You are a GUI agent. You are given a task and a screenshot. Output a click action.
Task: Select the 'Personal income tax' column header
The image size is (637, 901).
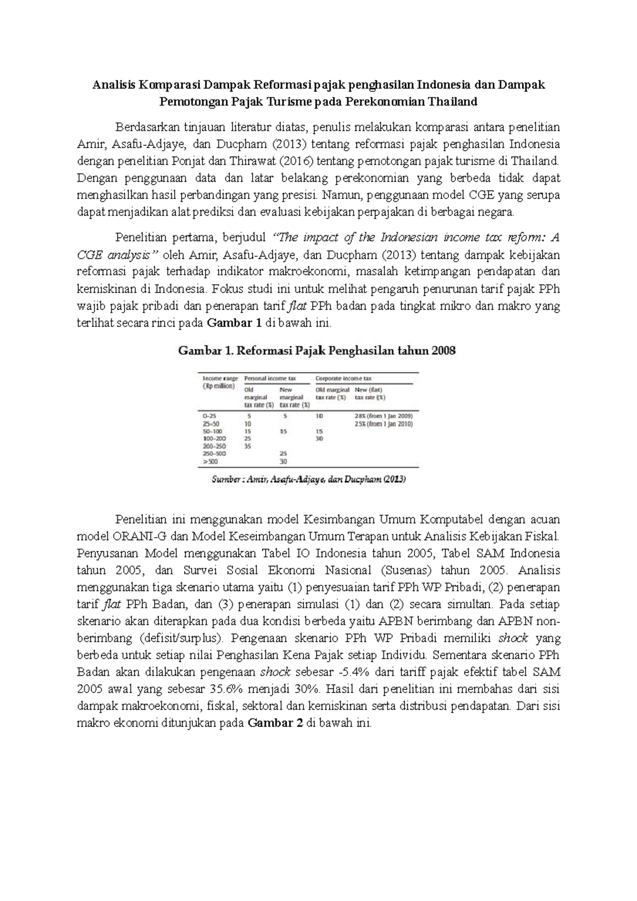270,378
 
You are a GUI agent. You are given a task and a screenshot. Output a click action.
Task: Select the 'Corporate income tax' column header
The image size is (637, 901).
343,378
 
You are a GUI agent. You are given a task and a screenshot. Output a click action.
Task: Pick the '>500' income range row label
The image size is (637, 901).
211,462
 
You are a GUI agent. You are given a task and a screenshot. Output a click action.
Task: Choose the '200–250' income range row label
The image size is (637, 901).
214,446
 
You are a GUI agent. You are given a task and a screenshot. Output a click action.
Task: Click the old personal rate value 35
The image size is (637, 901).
247,446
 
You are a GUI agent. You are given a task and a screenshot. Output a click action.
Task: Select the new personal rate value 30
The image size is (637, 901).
283,462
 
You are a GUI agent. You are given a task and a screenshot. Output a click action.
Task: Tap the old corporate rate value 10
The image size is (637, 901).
320,417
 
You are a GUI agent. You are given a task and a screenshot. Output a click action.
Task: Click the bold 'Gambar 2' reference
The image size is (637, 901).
275,723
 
